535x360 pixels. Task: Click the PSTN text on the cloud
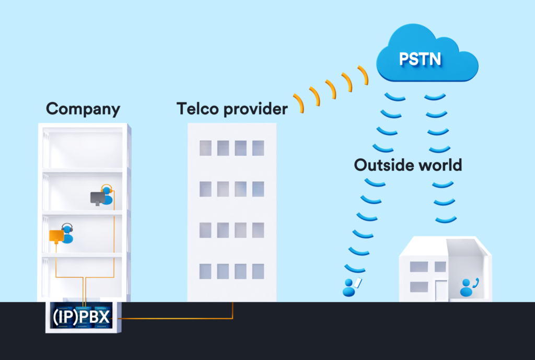(x=420, y=58)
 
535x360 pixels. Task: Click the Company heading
(x=83, y=109)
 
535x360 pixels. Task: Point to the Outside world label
(x=408, y=165)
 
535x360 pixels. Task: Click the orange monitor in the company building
(x=56, y=236)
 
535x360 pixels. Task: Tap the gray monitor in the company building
(x=97, y=198)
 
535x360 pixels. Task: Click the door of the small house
(x=441, y=290)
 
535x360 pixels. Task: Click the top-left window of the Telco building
(x=205, y=148)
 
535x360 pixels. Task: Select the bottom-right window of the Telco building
(x=258, y=271)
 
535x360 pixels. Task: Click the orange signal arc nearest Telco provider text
(x=298, y=103)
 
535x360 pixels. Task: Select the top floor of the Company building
(x=84, y=149)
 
